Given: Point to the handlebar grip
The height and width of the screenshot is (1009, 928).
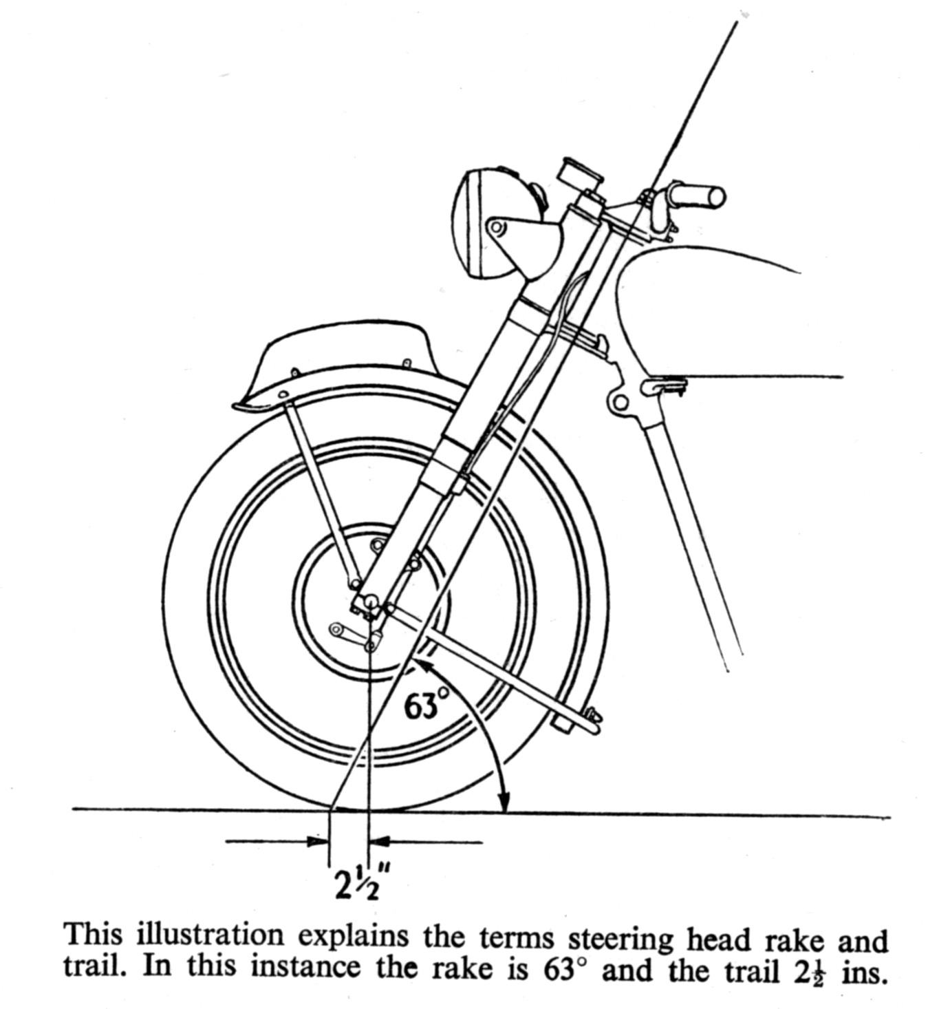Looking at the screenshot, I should (x=698, y=196).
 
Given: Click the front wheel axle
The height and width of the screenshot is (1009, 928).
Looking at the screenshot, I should (x=371, y=603).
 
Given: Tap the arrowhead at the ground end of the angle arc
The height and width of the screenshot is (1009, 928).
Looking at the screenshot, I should (x=504, y=802).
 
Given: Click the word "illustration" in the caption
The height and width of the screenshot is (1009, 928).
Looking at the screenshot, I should (x=210, y=936).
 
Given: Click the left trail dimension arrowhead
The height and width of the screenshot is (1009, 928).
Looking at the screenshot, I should (x=319, y=840).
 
